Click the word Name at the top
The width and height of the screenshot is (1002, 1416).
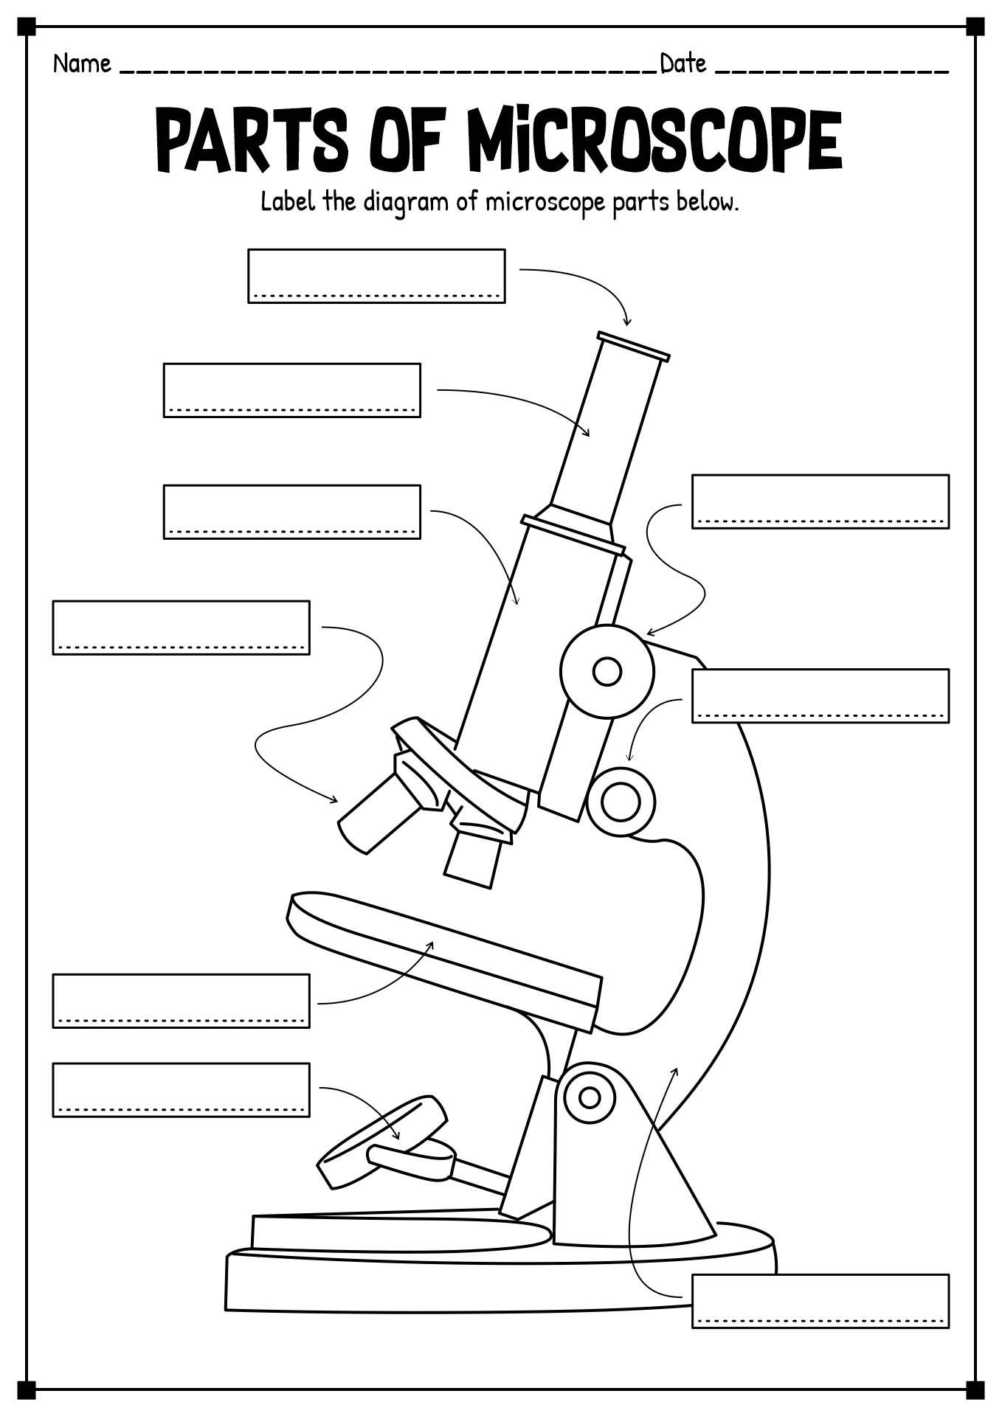click(82, 64)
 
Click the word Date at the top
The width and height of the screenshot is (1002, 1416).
click(683, 64)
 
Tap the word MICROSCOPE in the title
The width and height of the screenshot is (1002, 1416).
click(654, 140)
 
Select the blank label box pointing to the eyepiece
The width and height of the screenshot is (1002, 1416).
click(376, 275)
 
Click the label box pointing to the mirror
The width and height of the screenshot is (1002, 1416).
click(181, 1089)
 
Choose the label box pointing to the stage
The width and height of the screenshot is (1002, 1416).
click(181, 1001)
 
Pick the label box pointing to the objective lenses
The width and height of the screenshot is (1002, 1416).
click(181, 628)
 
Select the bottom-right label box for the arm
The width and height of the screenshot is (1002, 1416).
click(820, 1301)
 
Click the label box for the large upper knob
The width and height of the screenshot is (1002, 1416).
click(820, 502)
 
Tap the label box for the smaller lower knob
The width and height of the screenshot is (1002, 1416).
click(820, 695)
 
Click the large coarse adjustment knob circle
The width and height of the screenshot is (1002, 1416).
click(607, 672)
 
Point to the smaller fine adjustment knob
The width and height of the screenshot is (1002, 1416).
click(621, 802)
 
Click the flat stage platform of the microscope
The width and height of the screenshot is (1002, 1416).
click(443, 951)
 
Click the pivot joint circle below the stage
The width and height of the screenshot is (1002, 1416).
click(589, 1097)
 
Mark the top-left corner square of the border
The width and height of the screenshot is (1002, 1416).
click(27, 27)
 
